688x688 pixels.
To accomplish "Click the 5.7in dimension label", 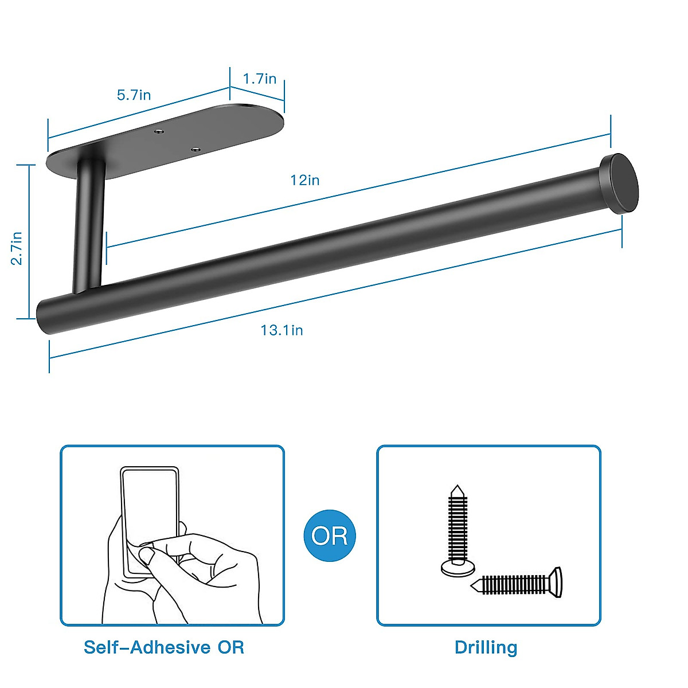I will pos(134,95).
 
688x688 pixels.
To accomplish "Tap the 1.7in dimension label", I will pos(259,79).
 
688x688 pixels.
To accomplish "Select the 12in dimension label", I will pos(304,180).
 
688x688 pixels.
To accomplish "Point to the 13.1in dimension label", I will pos(282,330).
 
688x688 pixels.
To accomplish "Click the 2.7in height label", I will pos(17,248).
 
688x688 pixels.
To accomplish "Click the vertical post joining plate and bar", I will pos(88,226).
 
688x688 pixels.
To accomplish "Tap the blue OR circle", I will pos(330,535).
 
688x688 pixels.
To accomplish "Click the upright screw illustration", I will pos(458,530).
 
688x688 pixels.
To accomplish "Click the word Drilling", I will pos(486,647).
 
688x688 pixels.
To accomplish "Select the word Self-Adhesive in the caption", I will pos(147,647).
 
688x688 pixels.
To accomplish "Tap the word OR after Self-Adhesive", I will pos(230,647).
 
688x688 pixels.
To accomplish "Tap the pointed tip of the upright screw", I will pos(457,488).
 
